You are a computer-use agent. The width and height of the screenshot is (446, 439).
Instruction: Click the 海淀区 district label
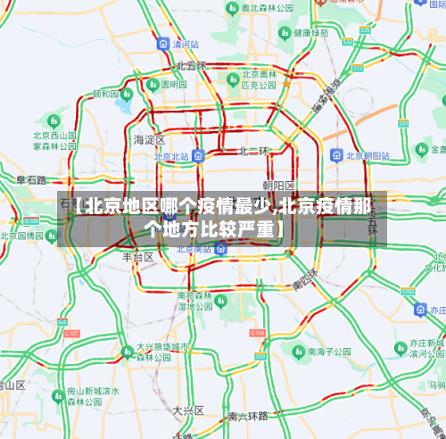pyautogui.click(x=149, y=140)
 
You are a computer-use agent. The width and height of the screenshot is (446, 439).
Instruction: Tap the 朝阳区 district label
pyautogui.click(x=278, y=185)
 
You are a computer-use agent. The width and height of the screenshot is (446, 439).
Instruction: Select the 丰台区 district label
pyautogui.click(x=138, y=256)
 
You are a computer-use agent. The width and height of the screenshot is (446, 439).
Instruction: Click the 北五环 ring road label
pyautogui.click(x=190, y=66)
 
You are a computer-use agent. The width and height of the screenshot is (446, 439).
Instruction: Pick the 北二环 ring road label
pyautogui.click(x=253, y=152)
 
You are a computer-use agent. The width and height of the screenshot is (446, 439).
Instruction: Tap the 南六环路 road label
pyautogui.click(x=247, y=416)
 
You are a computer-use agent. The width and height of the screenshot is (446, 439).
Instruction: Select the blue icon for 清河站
pyautogui.click(x=161, y=43)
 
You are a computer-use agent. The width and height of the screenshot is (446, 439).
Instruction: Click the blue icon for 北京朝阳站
pyautogui.click(x=334, y=155)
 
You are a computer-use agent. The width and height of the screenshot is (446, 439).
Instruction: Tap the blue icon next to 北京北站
pyautogui.click(x=199, y=155)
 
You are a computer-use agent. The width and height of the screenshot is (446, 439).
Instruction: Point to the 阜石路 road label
pyautogui.click(x=31, y=179)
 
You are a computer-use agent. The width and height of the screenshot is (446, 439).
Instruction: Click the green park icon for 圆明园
pyautogui.click(x=152, y=84)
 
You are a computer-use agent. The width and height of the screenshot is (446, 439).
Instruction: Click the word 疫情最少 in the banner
pyautogui.click(x=229, y=207)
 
